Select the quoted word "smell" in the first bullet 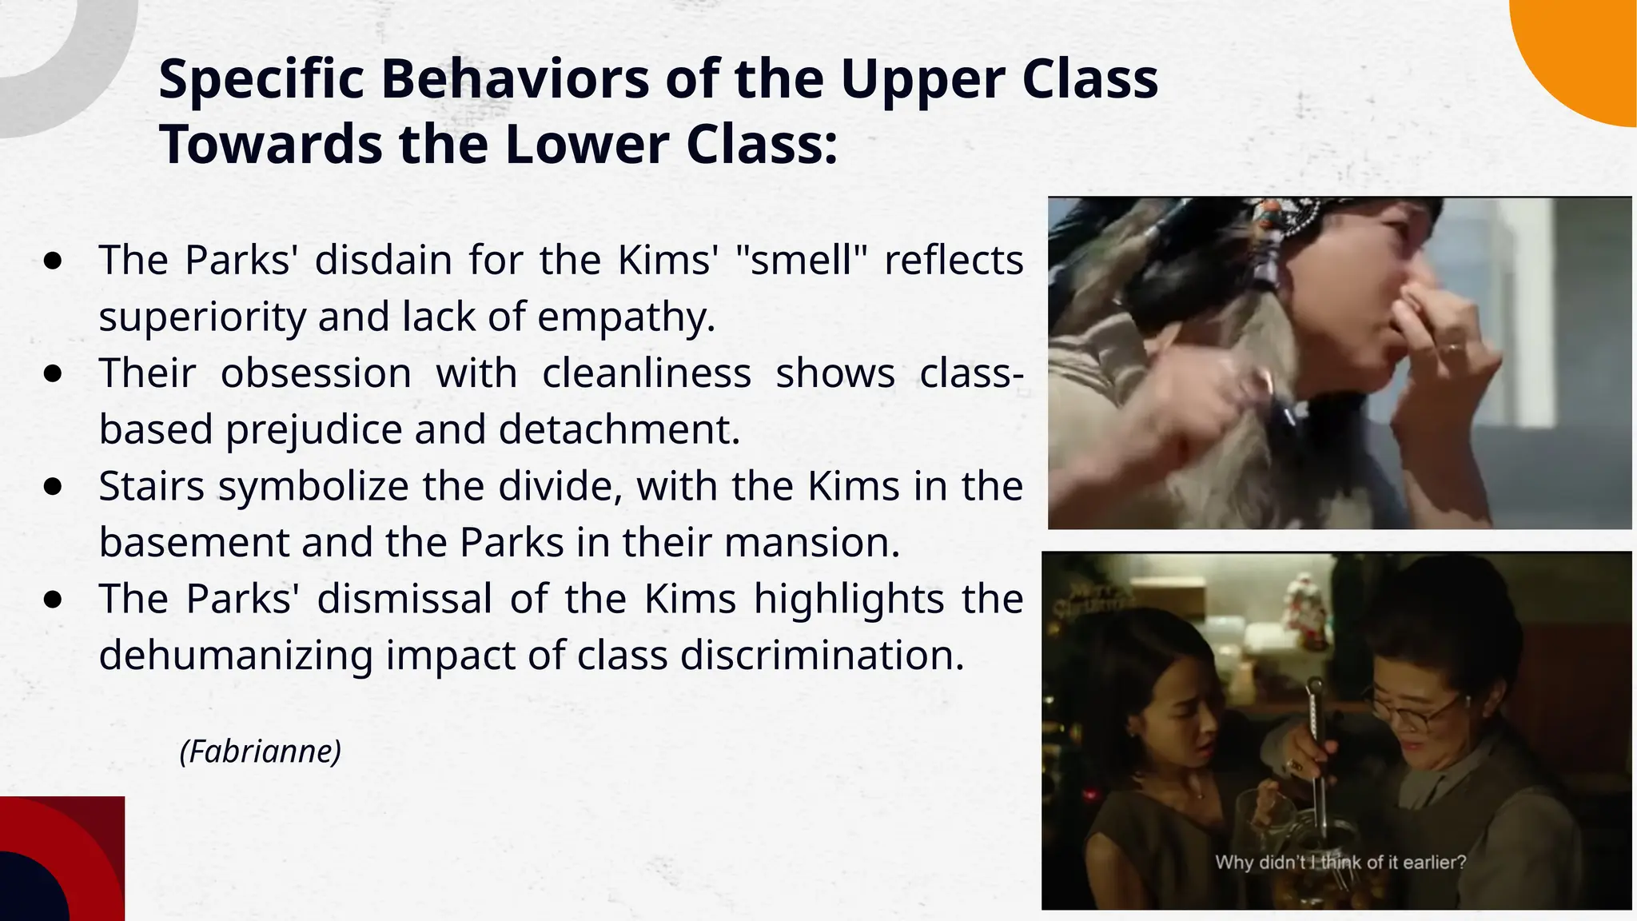point(801,260)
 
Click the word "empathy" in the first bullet point(624,317)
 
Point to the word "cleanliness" point(647,373)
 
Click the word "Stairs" point(152,486)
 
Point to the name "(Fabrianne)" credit point(261,752)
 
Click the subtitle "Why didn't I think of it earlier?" point(1340,863)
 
